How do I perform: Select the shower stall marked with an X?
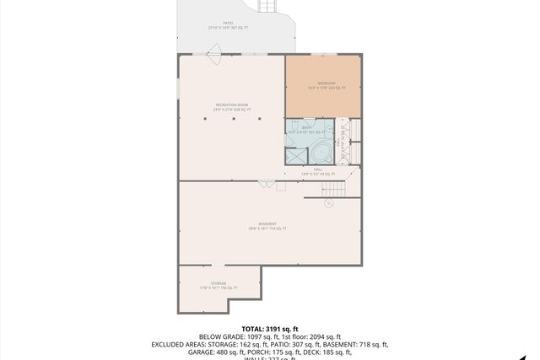point(296,156)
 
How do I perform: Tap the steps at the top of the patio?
point(268,7)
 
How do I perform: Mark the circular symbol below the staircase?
point(329,202)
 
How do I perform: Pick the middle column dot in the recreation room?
point(231,119)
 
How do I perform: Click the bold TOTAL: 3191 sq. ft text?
point(270,329)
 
